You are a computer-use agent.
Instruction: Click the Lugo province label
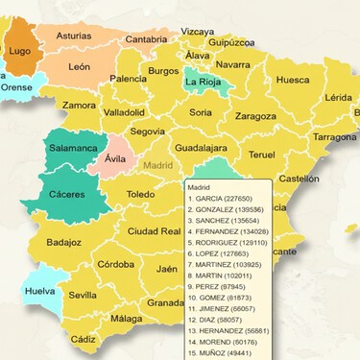[20, 51]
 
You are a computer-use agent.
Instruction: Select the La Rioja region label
[206, 82]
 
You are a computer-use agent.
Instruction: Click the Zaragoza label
[255, 116]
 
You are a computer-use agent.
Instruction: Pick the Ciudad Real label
[155, 231]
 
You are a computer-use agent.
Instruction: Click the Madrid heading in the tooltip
[200, 188]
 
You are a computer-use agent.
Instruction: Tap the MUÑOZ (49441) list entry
[218, 352]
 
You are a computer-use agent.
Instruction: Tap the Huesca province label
[292, 81]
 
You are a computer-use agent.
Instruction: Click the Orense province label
[15, 86]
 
